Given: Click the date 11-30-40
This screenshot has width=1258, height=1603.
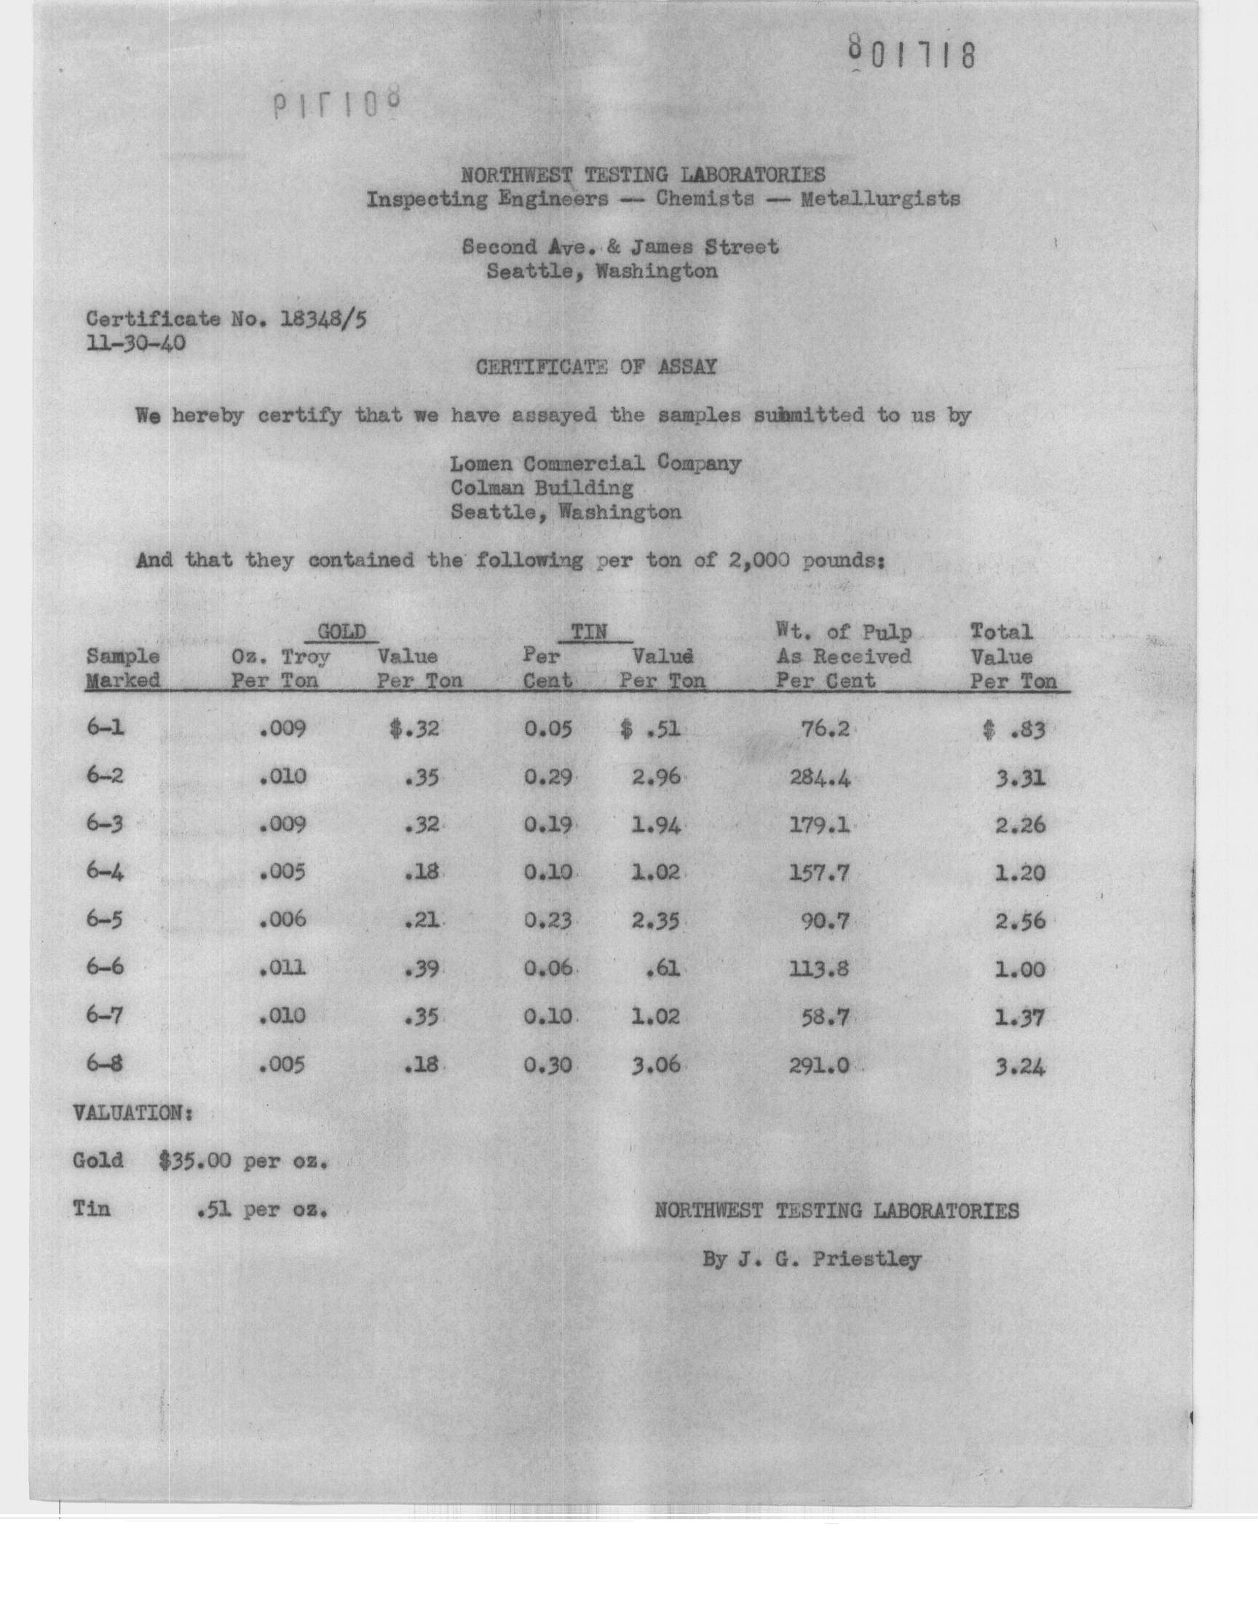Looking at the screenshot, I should point(135,343).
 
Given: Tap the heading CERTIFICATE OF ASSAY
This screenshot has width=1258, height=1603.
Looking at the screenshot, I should point(596,367).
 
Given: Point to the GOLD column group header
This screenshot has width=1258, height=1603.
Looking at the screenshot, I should point(341,632).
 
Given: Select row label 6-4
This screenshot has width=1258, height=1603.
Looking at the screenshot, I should point(105,872).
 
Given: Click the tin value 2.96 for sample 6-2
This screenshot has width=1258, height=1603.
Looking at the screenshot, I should point(655,777).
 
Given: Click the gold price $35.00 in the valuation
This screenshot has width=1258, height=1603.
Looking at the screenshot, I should point(195,1161).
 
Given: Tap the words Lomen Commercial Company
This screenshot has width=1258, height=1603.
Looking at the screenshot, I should point(595,463).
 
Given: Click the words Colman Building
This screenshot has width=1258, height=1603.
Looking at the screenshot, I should point(542,488).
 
